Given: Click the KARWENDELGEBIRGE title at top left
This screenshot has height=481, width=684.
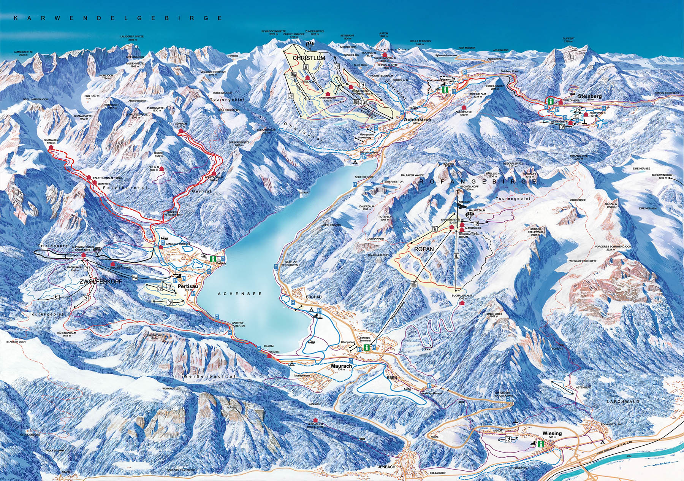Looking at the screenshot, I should coord(117,18).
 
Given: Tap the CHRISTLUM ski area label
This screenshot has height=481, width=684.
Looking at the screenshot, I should coord(309,58).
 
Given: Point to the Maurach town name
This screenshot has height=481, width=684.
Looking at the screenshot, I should coord(341,366).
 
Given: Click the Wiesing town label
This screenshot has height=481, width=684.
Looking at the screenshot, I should coord(552,433).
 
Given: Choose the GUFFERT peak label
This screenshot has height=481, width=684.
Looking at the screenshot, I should coord(569,38).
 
